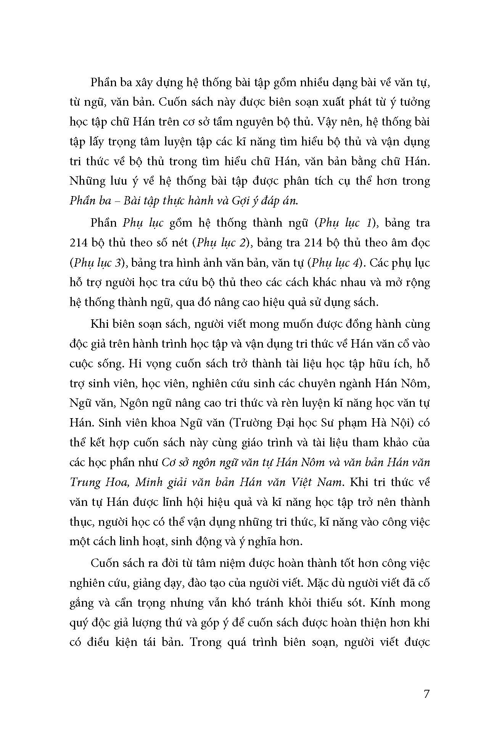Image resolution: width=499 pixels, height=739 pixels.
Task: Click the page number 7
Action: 427,693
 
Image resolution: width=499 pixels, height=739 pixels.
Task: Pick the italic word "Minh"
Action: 151,482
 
